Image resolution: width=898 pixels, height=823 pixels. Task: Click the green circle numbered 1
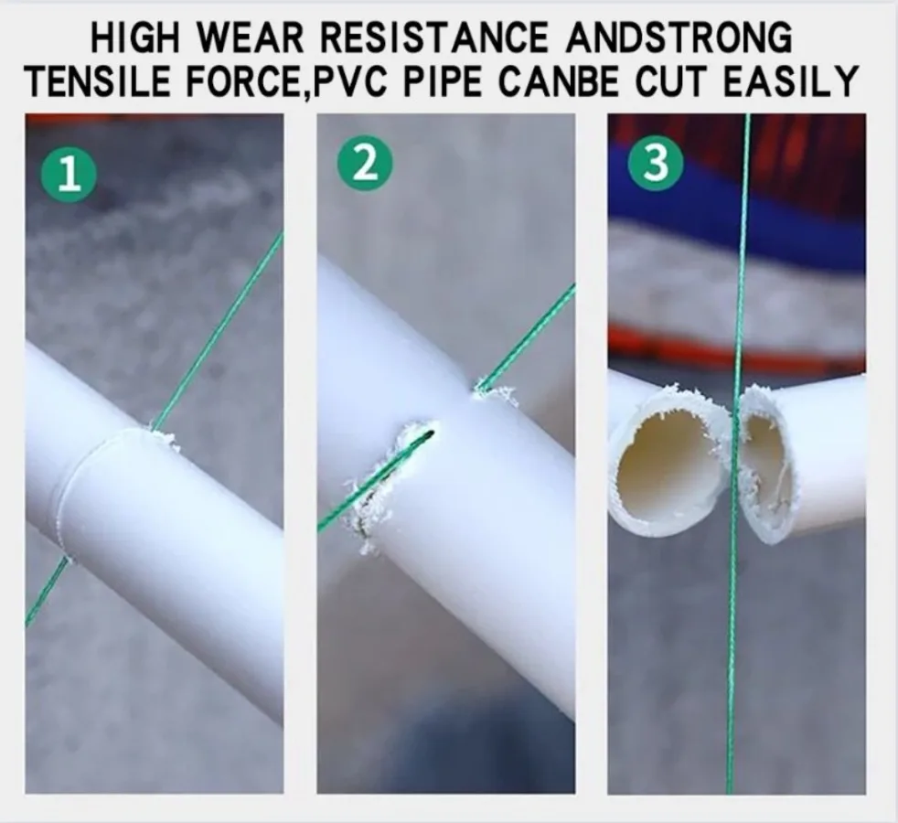pyautogui.click(x=69, y=173)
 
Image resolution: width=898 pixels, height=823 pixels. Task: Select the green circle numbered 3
pyautogui.click(x=656, y=162)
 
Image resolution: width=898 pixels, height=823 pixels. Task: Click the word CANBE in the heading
pyautogui.click(x=559, y=81)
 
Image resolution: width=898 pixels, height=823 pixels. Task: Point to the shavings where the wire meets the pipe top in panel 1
pyautogui.click(x=163, y=439)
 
